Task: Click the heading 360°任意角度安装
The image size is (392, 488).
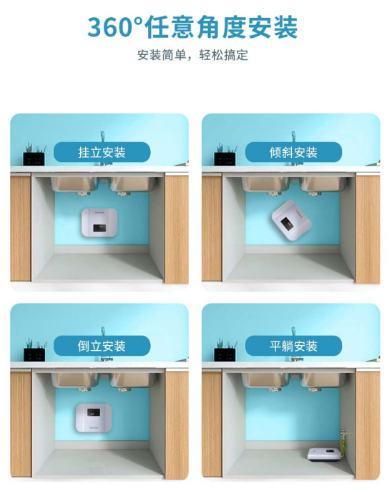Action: coord(192,27)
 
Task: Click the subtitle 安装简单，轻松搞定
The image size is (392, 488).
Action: coord(193,55)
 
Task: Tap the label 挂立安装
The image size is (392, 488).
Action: coord(102,152)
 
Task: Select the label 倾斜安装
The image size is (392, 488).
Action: coord(293,152)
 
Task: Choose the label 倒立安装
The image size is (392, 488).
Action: coord(102,346)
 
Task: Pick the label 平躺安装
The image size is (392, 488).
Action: coord(293,346)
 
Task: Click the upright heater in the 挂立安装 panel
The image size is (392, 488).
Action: coord(99,222)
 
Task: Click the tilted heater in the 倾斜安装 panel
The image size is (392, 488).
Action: coord(291,220)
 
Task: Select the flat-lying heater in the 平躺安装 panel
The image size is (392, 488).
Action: coord(323,454)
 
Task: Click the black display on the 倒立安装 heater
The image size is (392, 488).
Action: coord(94,412)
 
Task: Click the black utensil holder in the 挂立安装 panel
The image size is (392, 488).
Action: coord(34,159)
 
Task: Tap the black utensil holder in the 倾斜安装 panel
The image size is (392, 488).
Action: coord(225,159)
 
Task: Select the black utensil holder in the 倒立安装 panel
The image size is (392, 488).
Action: coord(34,355)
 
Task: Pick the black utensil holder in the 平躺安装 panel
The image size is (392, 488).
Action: coord(225,355)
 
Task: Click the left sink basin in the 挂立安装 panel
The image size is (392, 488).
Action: coord(74,184)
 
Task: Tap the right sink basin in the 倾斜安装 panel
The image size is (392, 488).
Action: coord(323,184)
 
